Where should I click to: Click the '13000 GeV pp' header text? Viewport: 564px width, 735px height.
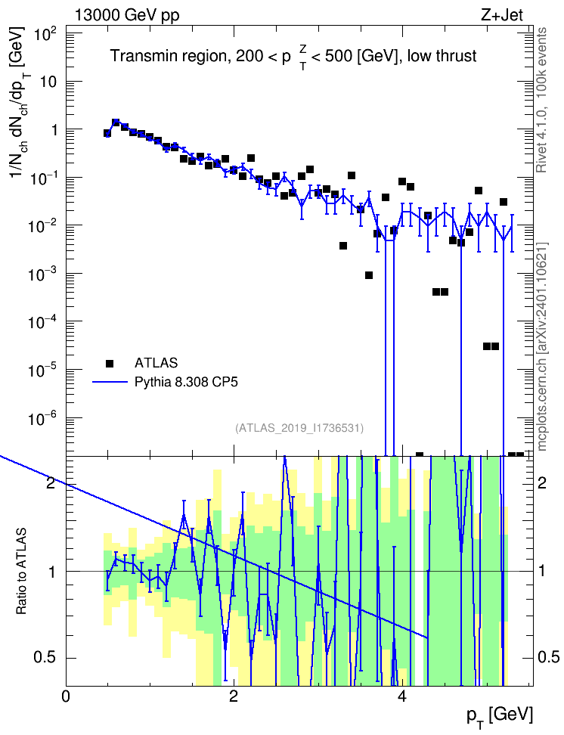click(127, 15)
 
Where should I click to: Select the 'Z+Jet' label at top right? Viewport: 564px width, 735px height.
click(502, 15)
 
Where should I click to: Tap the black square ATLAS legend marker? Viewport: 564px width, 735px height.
click(110, 363)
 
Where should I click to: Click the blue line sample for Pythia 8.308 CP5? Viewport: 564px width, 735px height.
click(110, 382)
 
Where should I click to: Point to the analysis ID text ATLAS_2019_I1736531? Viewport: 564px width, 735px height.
click(299, 427)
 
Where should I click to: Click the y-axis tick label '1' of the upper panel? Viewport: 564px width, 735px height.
click(54, 130)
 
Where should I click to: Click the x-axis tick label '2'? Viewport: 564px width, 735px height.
click(234, 696)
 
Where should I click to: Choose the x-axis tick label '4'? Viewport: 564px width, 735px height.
click(401, 696)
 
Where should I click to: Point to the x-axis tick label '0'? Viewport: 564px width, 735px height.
click(66, 696)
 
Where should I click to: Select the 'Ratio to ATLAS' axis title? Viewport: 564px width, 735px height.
click(22, 572)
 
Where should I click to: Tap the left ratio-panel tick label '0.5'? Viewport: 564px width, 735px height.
click(46, 658)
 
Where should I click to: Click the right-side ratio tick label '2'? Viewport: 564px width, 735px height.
click(542, 482)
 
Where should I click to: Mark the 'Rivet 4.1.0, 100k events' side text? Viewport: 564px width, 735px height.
click(541, 101)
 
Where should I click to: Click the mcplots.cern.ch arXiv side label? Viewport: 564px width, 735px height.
click(542, 347)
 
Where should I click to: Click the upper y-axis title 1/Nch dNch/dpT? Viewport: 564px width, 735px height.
click(20, 103)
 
